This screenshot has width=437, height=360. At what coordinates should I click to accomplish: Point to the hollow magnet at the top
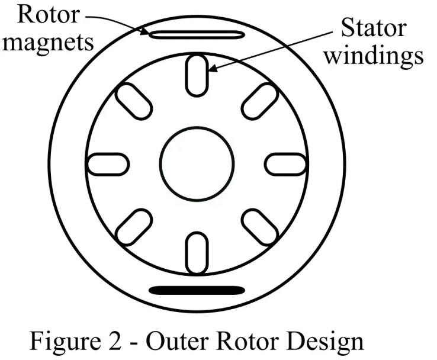(x=196, y=35)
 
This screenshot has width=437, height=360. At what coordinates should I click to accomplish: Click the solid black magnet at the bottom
(x=196, y=290)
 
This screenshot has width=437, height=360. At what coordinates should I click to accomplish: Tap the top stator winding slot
(x=197, y=75)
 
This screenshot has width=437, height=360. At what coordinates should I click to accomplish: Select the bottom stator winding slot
(x=197, y=253)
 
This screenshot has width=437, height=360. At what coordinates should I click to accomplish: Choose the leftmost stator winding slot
(x=108, y=164)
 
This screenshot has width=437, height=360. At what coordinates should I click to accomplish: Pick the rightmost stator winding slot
(x=285, y=164)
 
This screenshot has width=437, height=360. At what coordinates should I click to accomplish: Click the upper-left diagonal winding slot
(x=134, y=101)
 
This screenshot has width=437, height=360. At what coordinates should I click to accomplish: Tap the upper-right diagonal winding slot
(x=259, y=101)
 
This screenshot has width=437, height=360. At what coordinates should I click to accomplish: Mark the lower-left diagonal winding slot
(x=134, y=227)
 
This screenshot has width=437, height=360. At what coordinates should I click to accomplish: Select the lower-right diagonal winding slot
(x=259, y=227)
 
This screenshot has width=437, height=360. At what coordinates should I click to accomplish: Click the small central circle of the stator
(x=197, y=163)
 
